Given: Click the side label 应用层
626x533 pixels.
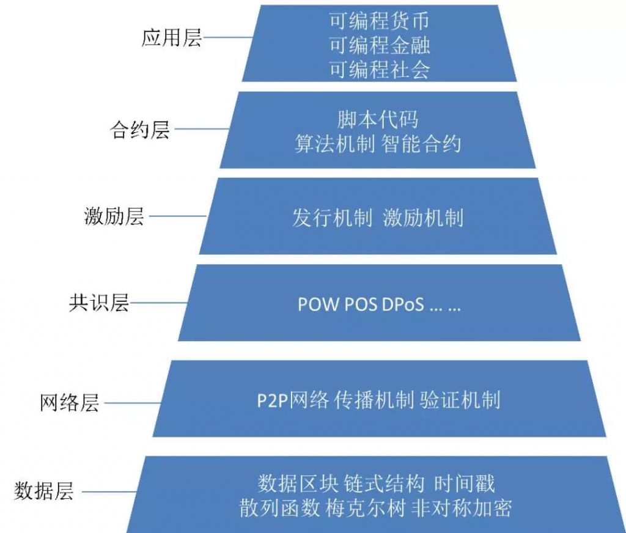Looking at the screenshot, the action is (x=172, y=39).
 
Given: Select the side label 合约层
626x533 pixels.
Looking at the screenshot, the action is (x=140, y=130).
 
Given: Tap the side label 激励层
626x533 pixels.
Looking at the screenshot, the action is (x=114, y=216).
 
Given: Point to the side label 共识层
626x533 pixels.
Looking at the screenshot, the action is (x=99, y=303).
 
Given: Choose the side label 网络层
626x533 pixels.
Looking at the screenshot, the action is (x=70, y=402).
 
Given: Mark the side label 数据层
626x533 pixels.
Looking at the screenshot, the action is (x=44, y=491).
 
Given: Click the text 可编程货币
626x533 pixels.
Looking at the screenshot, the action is (x=379, y=21).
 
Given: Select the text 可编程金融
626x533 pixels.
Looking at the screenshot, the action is (x=379, y=45).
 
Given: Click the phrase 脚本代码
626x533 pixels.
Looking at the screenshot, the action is (x=378, y=119).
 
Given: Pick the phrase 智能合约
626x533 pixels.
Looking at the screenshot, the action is (x=421, y=144).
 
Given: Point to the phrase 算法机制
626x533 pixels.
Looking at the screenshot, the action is (x=334, y=144).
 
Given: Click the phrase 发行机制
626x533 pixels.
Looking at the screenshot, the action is (x=332, y=218).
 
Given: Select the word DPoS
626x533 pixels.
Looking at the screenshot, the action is (x=403, y=304).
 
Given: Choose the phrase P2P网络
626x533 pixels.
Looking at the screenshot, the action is (x=293, y=400).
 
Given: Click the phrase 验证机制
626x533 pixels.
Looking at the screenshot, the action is (x=460, y=400).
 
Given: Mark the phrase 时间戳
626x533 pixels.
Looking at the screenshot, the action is (x=465, y=483).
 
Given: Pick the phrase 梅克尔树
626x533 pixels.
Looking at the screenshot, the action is (x=366, y=508).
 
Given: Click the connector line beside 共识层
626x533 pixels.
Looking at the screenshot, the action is (x=158, y=303).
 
